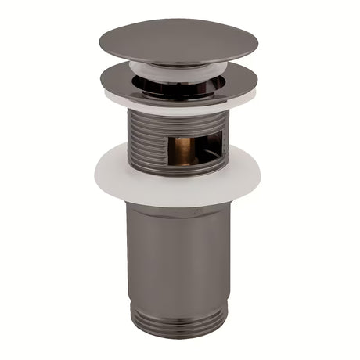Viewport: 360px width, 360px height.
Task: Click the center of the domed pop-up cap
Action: click(x=178, y=39)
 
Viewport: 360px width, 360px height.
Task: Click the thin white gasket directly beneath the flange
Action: click(x=178, y=106)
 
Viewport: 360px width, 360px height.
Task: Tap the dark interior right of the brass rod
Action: click(x=205, y=149)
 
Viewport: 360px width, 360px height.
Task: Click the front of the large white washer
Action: click(x=178, y=188)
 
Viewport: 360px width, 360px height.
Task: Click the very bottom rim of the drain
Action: click(x=178, y=335)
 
